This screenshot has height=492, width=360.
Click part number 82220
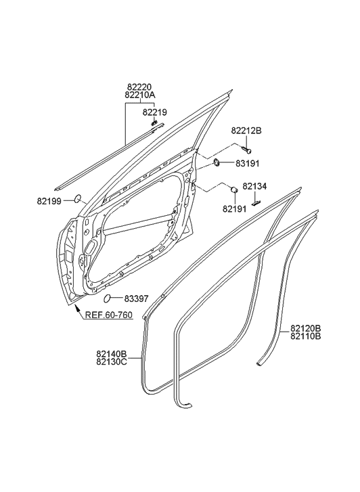(140, 87)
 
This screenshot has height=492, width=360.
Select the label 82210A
(140, 96)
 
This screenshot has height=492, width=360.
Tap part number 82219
(154, 112)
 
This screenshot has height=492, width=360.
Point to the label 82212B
(246, 131)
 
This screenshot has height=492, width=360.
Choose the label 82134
(255, 186)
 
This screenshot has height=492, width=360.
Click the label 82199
(49, 200)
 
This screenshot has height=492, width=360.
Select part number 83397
(137, 298)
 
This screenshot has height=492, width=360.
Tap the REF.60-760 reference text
(108, 315)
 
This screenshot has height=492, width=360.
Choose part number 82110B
(306, 336)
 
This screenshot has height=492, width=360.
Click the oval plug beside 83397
(108, 298)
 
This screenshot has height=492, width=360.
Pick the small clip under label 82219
(154, 123)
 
